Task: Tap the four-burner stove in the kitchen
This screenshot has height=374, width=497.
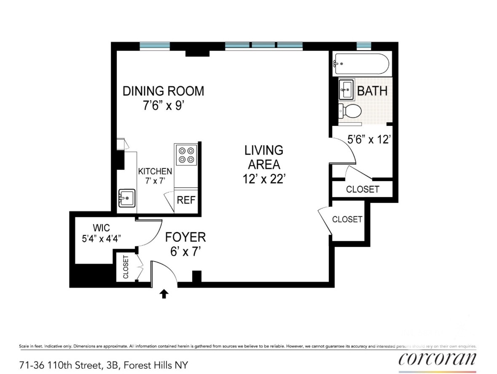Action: [x=186, y=155]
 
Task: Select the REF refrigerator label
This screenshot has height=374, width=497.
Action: [x=186, y=200]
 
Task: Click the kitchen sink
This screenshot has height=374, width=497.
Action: [x=127, y=198]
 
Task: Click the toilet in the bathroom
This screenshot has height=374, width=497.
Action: [x=350, y=111]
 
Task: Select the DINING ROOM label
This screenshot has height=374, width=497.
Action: [x=163, y=91]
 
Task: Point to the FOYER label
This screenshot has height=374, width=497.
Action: [x=185, y=237]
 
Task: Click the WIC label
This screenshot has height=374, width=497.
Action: [x=102, y=228]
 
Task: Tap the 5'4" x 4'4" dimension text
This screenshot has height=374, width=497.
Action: [x=102, y=238]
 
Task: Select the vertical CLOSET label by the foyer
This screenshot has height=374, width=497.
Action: [x=126, y=267]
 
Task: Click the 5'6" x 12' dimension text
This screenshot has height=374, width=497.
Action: [x=368, y=139]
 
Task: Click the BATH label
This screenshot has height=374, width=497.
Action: [x=372, y=91]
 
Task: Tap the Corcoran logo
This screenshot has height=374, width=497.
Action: [x=438, y=358]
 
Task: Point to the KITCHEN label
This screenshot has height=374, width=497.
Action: [x=155, y=171]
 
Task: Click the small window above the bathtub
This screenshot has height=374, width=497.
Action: [x=364, y=46]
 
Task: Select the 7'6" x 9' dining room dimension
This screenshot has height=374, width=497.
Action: [x=164, y=105]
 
